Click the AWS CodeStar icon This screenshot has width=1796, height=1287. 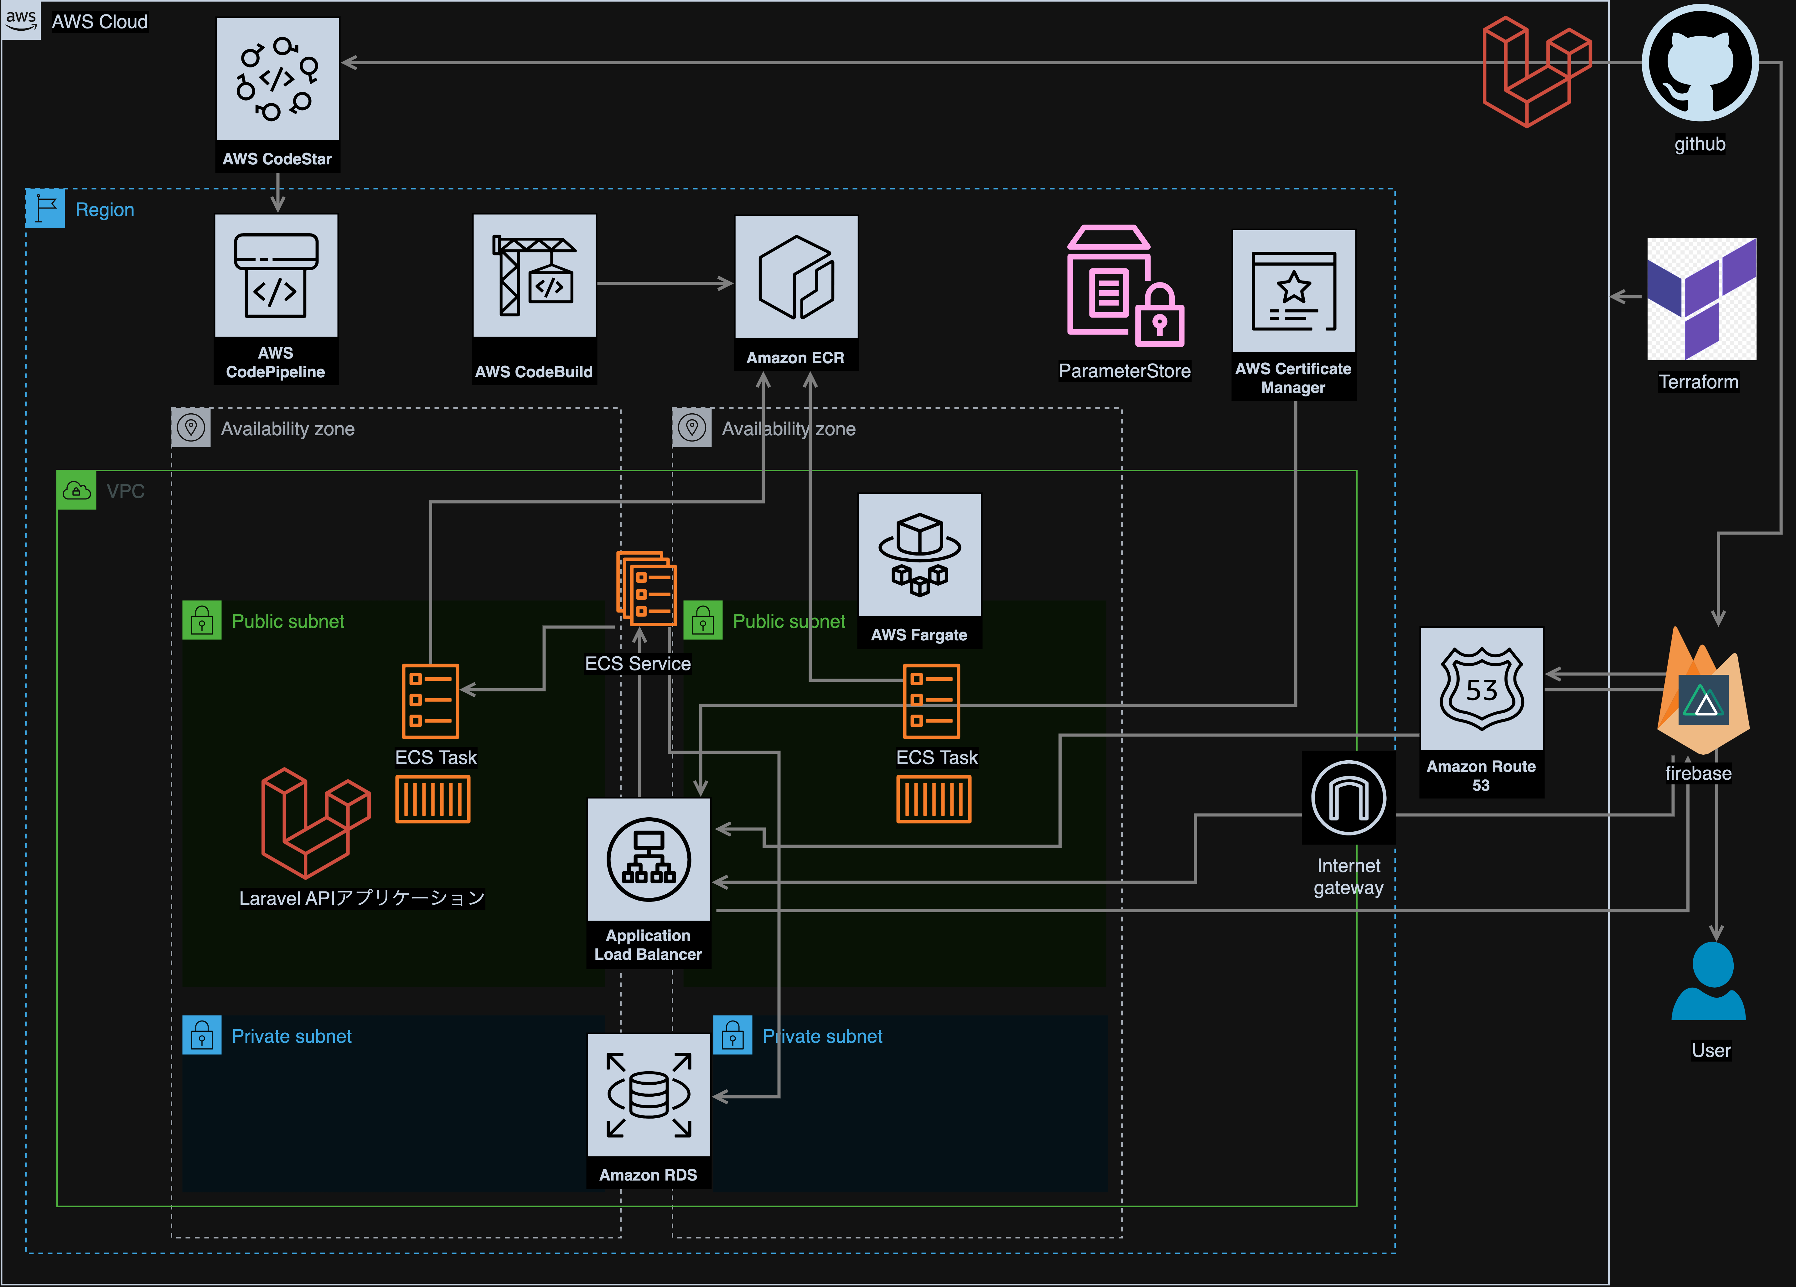(277, 79)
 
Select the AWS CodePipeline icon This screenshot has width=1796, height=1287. (276, 276)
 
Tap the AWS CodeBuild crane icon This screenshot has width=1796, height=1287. (534, 276)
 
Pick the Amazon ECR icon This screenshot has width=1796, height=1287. (796, 277)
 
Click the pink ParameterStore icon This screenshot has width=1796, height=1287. (1125, 287)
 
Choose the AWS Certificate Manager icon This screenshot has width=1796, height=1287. (1293, 292)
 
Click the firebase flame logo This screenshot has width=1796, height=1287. (1703, 693)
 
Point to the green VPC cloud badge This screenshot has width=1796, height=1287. (76, 490)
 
